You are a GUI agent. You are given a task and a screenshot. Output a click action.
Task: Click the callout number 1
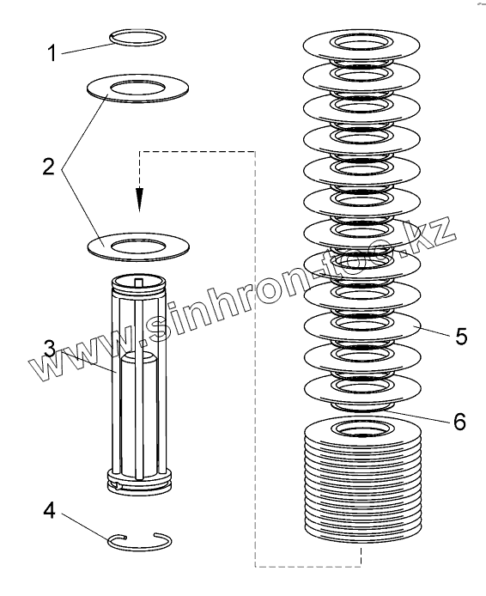pos(52,53)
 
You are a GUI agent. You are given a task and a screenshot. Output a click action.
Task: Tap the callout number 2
pos(49,167)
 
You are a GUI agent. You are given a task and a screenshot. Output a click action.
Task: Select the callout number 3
pos(50,348)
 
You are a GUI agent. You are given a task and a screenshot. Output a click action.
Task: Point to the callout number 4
pos(50,510)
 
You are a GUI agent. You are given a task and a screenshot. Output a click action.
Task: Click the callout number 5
pos(461,336)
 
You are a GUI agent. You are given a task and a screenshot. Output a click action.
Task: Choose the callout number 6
pos(459,421)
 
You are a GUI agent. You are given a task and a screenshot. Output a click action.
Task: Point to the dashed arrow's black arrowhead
pos(140,199)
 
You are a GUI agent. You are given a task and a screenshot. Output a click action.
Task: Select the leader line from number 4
pos(87,526)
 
